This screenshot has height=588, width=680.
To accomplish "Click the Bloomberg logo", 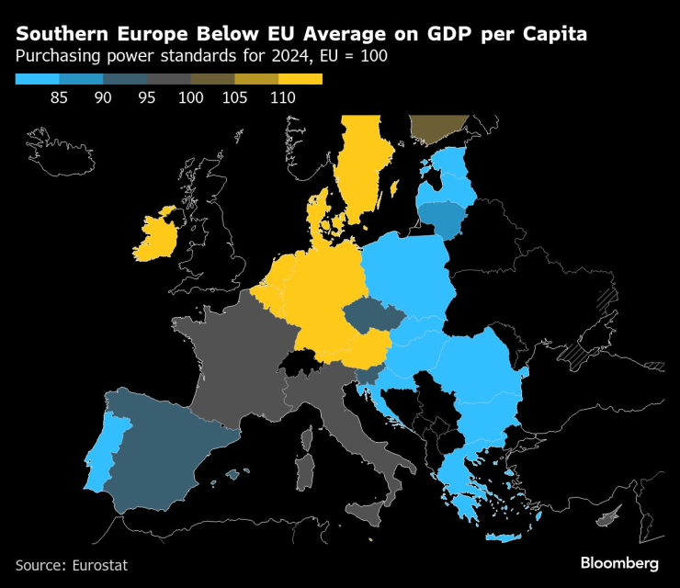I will tap(619, 563).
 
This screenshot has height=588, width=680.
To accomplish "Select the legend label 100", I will tap(191, 97).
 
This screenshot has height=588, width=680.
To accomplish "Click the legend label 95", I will tap(148, 97).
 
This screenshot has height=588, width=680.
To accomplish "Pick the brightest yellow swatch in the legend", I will tap(300, 79).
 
